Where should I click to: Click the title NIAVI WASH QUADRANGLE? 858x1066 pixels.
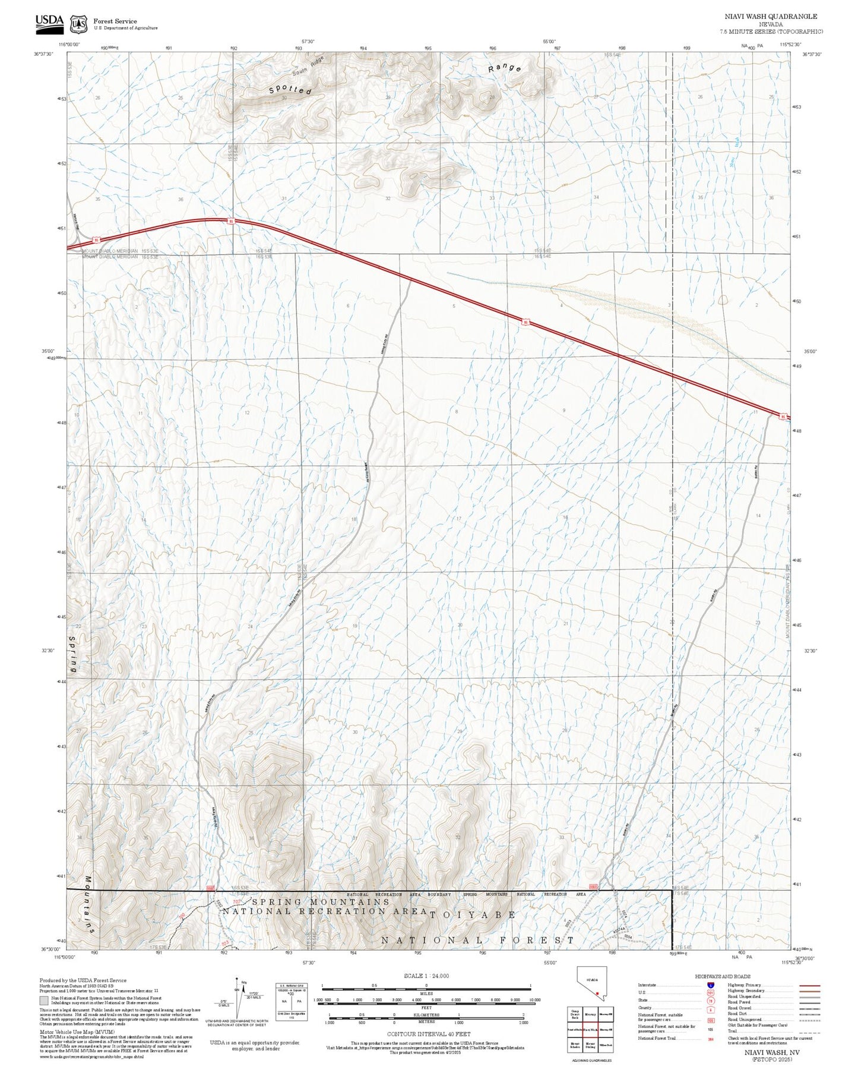tap(770, 17)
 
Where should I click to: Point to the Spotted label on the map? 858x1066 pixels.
tap(290, 90)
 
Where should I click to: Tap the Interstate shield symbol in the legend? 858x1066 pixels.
tap(711, 985)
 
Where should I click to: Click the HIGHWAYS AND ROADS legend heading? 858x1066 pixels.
tap(723, 976)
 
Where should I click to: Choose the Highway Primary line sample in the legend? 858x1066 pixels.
tap(809, 985)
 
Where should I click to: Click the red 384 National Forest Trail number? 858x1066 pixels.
tap(711, 1039)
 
